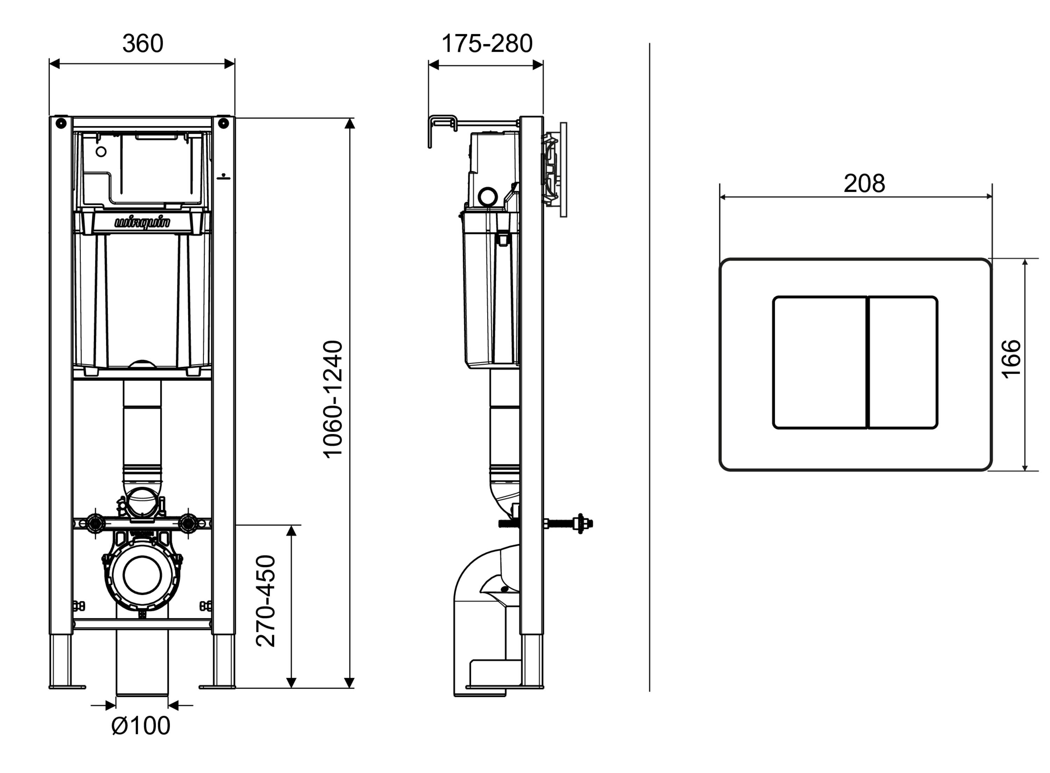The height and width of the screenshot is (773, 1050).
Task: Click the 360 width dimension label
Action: [143, 43]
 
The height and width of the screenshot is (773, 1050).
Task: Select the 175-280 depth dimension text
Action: [486, 43]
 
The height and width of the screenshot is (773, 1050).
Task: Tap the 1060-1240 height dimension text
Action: [333, 399]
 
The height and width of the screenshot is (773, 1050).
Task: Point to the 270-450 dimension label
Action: [266, 601]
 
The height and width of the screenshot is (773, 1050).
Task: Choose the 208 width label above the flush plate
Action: [864, 183]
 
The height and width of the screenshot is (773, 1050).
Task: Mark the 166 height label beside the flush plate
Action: [1011, 359]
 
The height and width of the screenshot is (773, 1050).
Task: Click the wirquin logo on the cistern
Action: [142, 222]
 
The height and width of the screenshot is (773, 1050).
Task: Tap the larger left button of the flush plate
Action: [820, 362]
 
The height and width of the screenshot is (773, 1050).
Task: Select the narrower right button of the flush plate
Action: [903, 362]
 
